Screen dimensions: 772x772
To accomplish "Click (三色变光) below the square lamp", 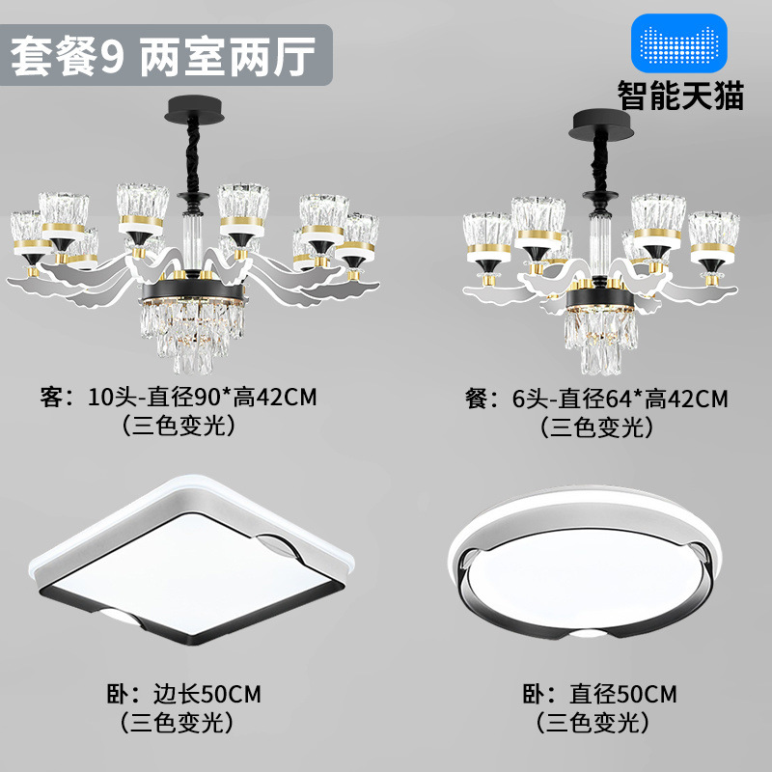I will point(179,721).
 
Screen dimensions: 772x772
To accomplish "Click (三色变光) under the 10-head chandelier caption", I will point(179,426).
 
